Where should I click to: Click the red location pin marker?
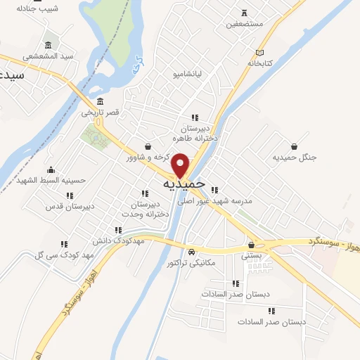[x=181, y=165]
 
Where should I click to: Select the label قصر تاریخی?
[x=100, y=112]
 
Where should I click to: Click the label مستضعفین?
[x=244, y=24]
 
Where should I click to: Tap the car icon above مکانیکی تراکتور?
[x=191, y=252]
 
